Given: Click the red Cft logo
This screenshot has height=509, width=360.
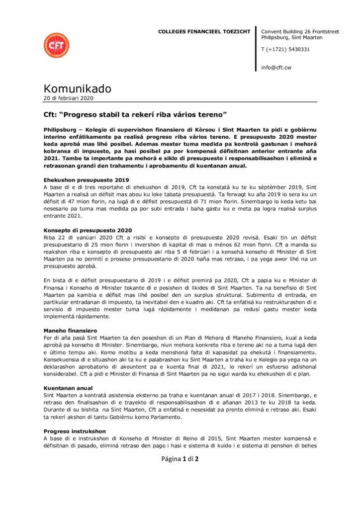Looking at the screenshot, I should click(x=56, y=45).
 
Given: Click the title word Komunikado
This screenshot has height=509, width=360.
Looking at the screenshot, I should click(x=77, y=88).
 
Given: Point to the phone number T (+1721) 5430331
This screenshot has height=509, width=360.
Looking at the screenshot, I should click(x=285, y=49).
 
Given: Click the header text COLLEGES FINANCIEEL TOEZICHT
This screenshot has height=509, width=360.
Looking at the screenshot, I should click(x=204, y=31).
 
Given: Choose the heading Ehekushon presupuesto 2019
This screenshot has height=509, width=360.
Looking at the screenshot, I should click(x=86, y=179).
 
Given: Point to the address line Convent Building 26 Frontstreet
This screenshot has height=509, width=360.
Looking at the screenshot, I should click(x=300, y=31).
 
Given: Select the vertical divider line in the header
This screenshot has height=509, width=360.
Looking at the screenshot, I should click(x=256, y=50).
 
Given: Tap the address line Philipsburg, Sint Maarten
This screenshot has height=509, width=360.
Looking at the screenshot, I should click(x=291, y=37).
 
